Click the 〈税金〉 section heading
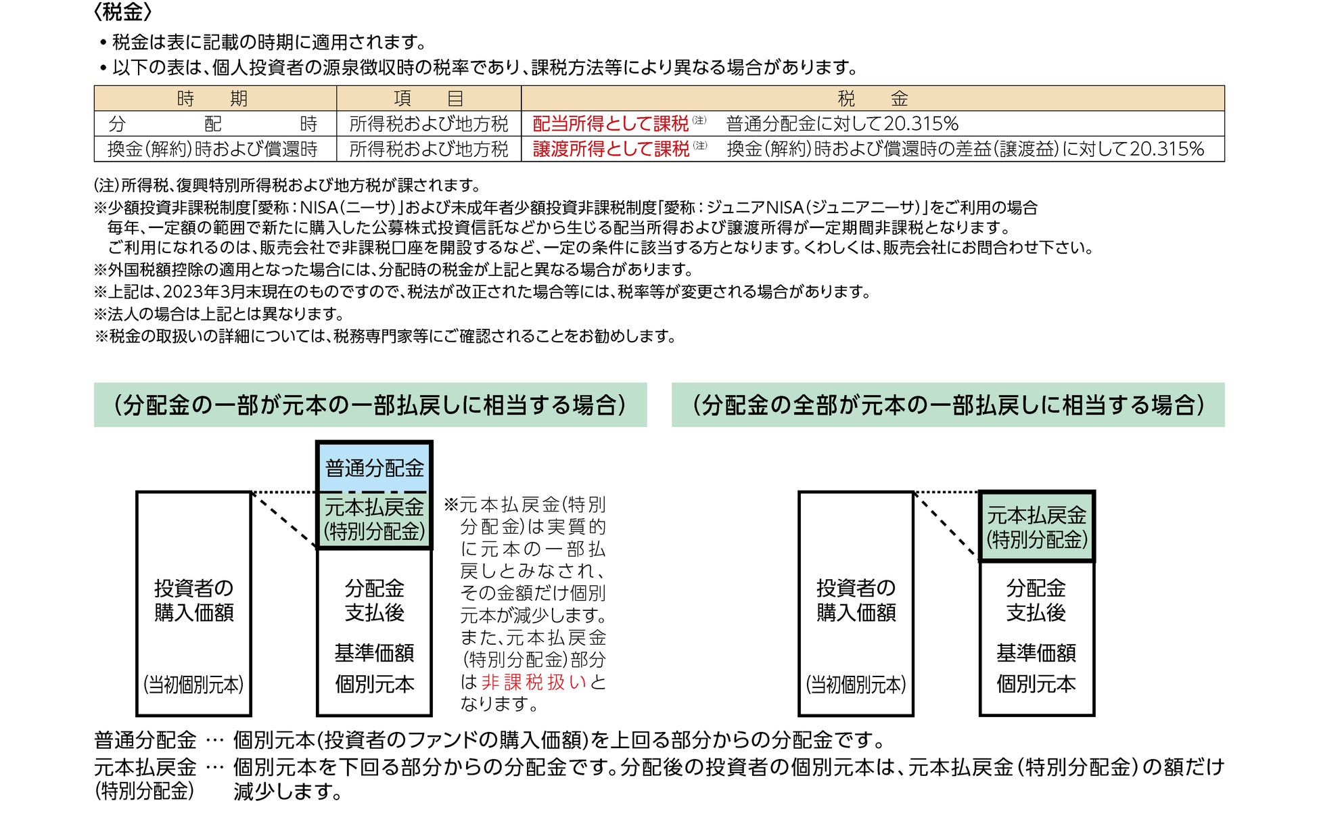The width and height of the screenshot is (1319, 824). click(x=122, y=13)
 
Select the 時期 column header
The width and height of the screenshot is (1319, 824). click(x=213, y=99)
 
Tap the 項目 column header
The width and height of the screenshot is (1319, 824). click(x=429, y=99)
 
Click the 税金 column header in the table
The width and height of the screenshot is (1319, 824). click(x=873, y=99)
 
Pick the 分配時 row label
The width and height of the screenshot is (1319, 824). click(x=213, y=124)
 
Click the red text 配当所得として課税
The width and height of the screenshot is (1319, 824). click(x=610, y=124)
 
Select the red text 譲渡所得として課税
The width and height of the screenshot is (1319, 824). click(x=611, y=149)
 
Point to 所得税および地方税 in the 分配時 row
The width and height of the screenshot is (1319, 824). click(x=429, y=124)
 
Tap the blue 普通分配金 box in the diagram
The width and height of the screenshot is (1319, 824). click(x=374, y=468)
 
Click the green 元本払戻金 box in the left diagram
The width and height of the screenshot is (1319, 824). click(x=374, y=520)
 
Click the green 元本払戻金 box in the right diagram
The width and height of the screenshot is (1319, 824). click(x=1036, y=527)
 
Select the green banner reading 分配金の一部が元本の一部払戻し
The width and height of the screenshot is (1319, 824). click(x=370, y=405)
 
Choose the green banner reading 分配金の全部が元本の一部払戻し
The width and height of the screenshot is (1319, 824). click(x=948, y=405)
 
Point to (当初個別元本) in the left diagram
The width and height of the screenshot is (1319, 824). click(x=193, y=685)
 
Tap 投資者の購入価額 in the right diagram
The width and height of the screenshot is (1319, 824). click(x=856, y=600)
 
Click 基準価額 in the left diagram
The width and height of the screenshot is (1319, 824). click(x=374, y=653)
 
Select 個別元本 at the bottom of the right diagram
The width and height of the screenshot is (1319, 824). click(x=1036, y=684)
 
